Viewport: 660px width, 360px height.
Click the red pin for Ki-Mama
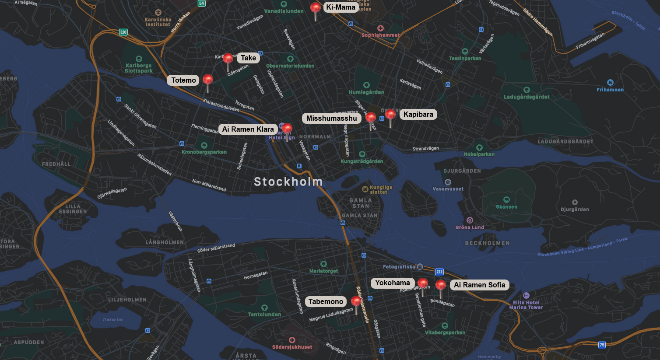coord(315,8)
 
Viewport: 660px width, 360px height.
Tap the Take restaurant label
coord(248,58)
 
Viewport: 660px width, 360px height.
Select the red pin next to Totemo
coord(208,80)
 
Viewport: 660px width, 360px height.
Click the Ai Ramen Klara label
coord(248,129)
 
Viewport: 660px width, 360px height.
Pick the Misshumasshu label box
coord(331,118)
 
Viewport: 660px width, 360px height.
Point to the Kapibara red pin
coord(390,115)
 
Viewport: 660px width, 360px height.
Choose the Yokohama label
coord(392,283)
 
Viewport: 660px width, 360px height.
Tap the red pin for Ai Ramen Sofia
coord(441,285)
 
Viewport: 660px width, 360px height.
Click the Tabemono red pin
coord(356,301)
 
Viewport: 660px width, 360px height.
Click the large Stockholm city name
coord(288,182)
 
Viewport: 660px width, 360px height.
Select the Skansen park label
coord(506,207)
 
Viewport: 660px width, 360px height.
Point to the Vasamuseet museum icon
coord(448,182)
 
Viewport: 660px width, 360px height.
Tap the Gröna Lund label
coord(470,227)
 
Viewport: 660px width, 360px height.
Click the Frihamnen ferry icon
coord(610,82)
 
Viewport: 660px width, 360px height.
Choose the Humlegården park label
coord(366,92)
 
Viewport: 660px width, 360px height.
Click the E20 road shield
coord(123,32)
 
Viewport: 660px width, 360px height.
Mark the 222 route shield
coord(439,272)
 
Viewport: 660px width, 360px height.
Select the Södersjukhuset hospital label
coord(292,347)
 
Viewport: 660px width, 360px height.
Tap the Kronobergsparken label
coord(204,152)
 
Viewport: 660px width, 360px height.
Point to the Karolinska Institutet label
coord(158,22)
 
